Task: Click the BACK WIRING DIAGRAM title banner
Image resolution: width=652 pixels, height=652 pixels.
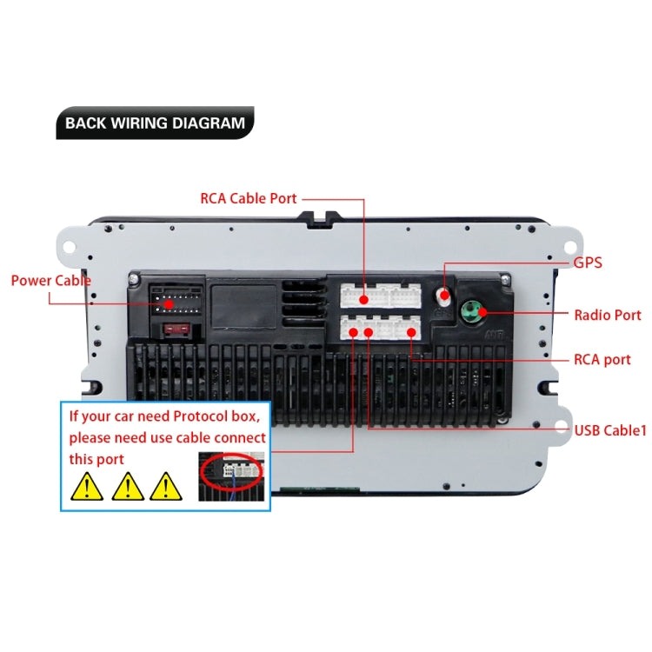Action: coord(155,123)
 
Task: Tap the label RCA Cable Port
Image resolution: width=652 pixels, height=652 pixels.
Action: coord(249,198)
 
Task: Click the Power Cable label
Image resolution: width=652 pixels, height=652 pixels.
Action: coord(50,281)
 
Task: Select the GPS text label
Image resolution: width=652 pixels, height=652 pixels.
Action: coord(587,263)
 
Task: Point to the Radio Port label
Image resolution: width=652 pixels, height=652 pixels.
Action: coord(607,315)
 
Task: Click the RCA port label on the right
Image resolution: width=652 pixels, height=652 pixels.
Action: coord(602,359)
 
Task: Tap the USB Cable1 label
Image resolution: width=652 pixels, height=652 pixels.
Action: coord(609,429)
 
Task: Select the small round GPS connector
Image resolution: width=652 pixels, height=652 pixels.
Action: coord(445,295)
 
